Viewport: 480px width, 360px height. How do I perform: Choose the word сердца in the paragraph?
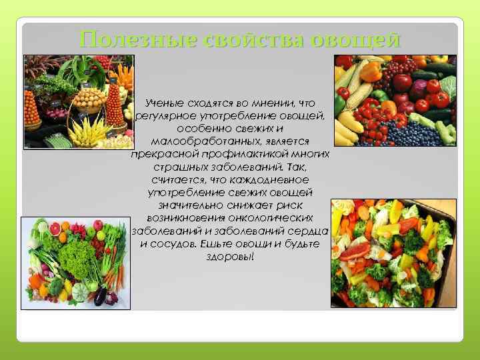click(x=309, y=230)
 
